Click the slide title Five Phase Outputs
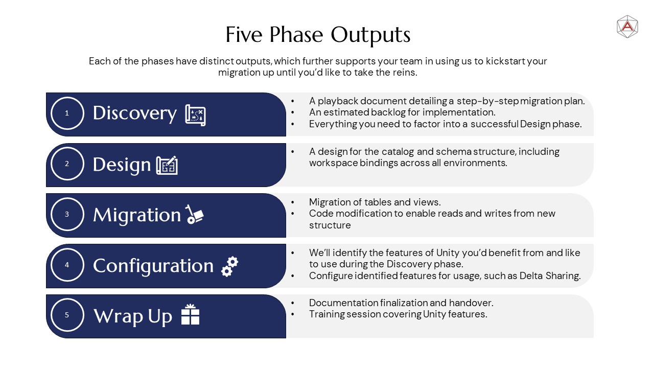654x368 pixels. [x=318, y=35]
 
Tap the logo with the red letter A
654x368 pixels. [x=627, y=27]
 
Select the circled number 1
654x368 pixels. [x=67, y=113]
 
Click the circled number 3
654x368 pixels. [x=67, y=214]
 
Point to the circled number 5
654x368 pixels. [x=67, y=315]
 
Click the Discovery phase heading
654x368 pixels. [x=134, y=113]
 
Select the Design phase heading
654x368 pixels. [x=122, y=165]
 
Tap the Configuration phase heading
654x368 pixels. [x=153, y=266]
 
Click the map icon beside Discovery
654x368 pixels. [x=195, y=115]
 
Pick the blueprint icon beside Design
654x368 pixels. [x=167, y=165]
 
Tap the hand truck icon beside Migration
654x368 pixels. [x=194, y=214]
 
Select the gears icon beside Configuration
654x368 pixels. [x=230, y=266]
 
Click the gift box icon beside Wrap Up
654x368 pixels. [x=191, y=314]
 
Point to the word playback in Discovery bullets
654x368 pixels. [x=338, y=101]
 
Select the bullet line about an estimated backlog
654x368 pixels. [x=402, y=112]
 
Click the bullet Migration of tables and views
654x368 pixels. [x=375, y=202]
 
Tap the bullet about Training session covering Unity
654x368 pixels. [x=398, y=314]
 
